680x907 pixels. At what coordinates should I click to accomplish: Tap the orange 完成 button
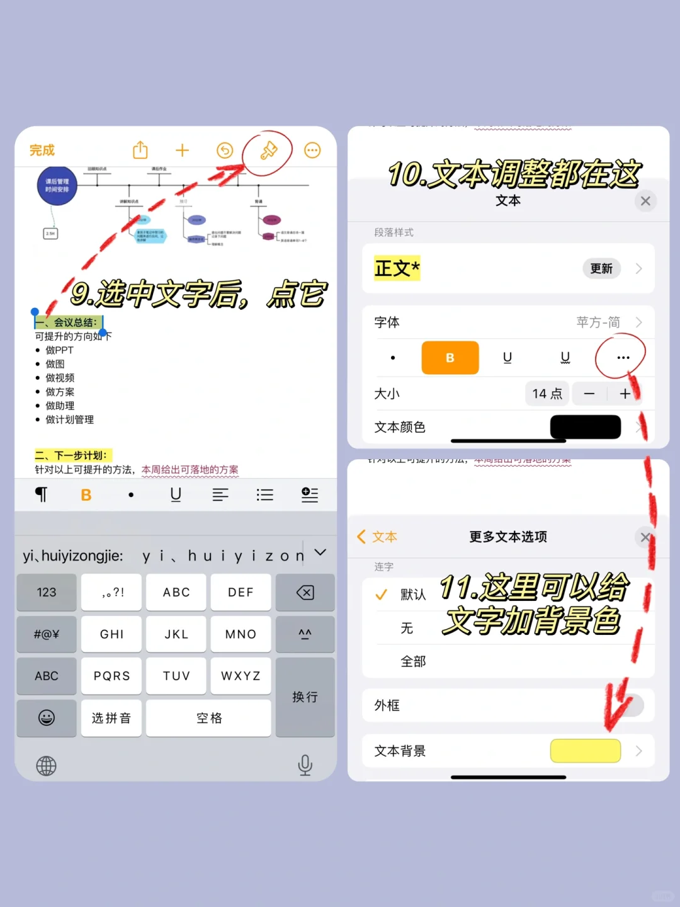pos(42,151)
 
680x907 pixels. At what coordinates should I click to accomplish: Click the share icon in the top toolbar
pos(140,150)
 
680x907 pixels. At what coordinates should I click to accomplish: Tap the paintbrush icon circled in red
pos(269,150)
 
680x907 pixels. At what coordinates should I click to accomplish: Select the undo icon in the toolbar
pos(225,150)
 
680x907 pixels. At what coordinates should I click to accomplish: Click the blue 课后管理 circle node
pos(57,186)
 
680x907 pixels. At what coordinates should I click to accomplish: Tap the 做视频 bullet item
pos(60,378)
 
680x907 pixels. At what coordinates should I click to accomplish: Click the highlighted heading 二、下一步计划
pos(72,455)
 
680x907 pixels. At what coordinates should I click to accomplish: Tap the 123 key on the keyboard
pos(47,592)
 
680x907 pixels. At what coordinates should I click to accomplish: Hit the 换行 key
pos(305,697)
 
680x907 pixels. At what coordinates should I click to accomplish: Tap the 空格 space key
pos(209,718)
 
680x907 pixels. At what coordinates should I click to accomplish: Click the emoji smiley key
pos(47,718)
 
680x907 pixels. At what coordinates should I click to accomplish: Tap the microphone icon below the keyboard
pos(305,765)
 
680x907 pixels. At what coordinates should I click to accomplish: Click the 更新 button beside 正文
pos(601,269)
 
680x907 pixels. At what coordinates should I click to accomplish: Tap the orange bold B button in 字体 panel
pos(450,358)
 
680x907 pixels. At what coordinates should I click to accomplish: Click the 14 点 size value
pos(547,394)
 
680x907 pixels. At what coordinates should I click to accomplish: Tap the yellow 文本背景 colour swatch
pos(586,751)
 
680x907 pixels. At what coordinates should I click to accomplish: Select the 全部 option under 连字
pos(413,661)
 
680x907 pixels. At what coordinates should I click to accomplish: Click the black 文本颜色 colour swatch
pos(586,427)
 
